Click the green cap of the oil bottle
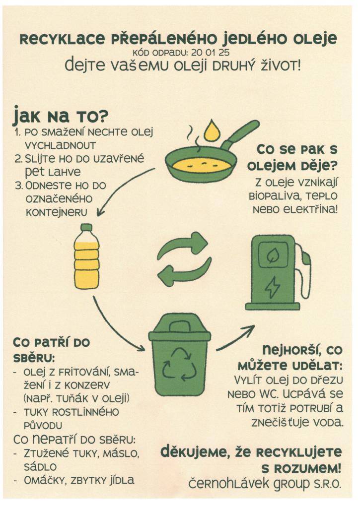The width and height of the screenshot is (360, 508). click(x=86, y=228)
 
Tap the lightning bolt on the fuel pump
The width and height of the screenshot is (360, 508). click(x=272, y=286)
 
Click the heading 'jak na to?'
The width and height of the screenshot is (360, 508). click(x=60, y=117)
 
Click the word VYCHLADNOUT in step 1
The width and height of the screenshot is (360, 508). click(x=60, y=145)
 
